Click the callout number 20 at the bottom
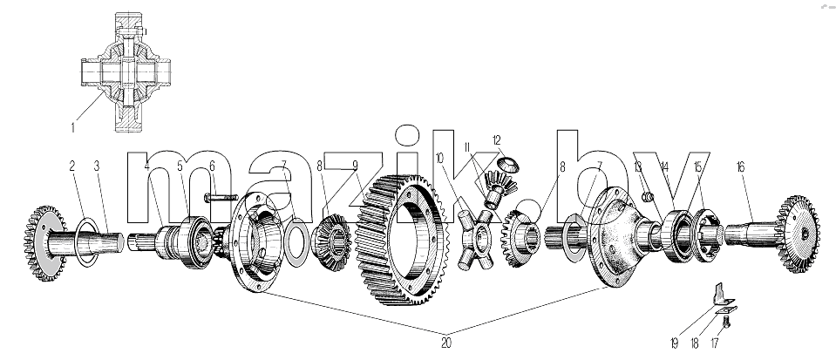click(446, 343)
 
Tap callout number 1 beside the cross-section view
click(73, 128)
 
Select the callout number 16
click(740, 167)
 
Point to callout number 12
click(497, 140)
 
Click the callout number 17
click(714, 343)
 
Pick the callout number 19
click(674, 343)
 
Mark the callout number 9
click(355, 165)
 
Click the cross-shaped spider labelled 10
click(477, 239)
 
